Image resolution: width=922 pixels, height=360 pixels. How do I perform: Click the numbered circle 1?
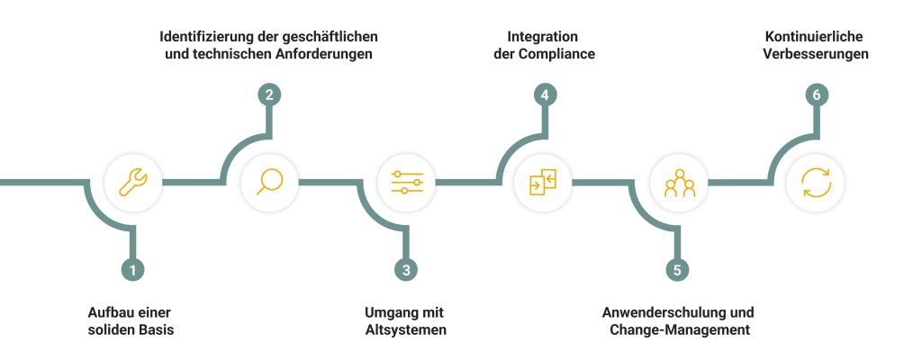(133, 269)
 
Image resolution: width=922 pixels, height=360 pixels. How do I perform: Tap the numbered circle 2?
(267, 94)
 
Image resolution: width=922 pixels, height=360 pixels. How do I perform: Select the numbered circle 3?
(406, 269)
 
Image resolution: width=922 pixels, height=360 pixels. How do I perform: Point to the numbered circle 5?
(678, 269)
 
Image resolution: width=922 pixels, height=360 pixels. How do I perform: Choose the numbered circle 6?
(815, 94)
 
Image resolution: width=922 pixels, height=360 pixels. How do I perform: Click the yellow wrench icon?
(133, 182)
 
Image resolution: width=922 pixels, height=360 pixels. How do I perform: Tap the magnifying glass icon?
(268, 182)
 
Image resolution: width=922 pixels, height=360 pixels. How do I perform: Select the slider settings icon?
(406, 182)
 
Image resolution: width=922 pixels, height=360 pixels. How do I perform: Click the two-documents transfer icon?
(542, 182)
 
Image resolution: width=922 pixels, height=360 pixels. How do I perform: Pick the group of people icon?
(679, 182)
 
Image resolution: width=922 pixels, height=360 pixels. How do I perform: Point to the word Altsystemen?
(405, 330)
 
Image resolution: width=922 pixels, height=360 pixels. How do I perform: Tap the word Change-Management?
(678, 330)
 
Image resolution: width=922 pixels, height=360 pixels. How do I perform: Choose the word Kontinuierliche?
(816, 37)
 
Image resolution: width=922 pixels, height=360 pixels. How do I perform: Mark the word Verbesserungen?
(816, 55)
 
